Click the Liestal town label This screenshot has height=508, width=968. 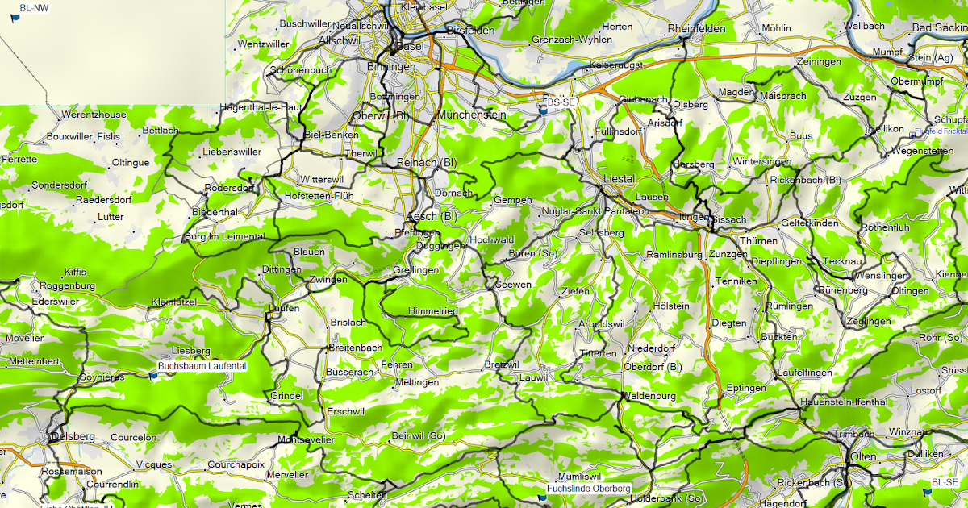pyautogui.click(x=620, y=178)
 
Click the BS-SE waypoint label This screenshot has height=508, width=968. pyautogui.click(x=561, y=102)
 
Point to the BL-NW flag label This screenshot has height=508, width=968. pyautogui.click(x=34, y=7)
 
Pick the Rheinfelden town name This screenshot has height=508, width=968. pyautogui.click(x=697, y=29)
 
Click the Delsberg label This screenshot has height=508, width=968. pyautogui.click(x=73, y=437)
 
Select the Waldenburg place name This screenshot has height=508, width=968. pyautogui.click(x=648, y=396)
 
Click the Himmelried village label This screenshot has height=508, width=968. pyautogui.click(x=433, y=311)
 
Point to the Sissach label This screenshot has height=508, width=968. pyautogui.click(x=730, y=219)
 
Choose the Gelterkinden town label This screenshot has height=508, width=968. pyautogui.click(x=810, y=223)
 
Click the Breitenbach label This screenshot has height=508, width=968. pyautogui.click(x=355, y=348)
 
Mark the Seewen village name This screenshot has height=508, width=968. pyautogui.click(x=513, y=285)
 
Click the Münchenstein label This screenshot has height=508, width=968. pyautogui.click(x=471, y=115)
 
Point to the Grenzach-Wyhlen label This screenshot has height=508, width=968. pyautogui.click(x=572, y=40)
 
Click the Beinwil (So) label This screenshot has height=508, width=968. pyautogui.click(x=418, y=436)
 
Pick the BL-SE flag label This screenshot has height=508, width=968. pyautogui.click(x=947, y=482)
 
